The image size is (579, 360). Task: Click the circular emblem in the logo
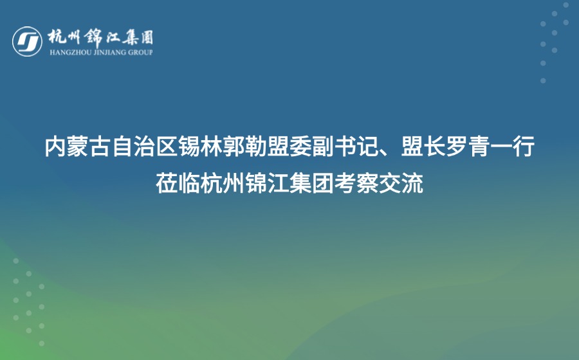(x=27, y=40)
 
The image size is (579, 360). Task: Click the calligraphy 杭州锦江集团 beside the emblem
(x=100, y=37)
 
